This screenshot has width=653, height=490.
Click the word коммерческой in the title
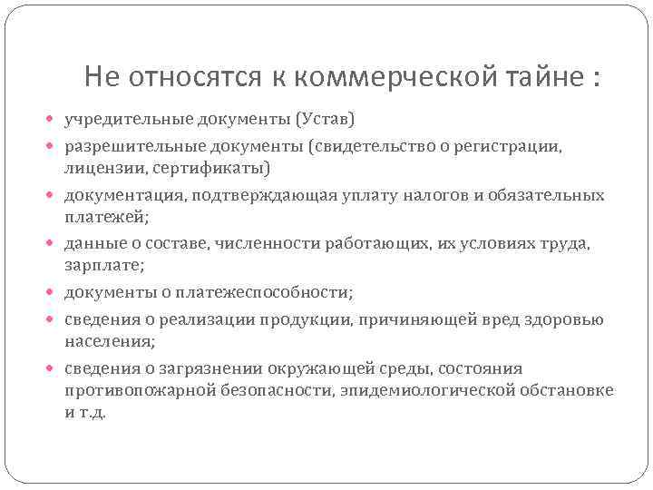[380, 78]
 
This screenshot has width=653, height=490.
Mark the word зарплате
[101, 267]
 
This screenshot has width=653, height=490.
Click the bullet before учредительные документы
[53, 120]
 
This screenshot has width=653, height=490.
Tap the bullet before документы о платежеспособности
[53, 293]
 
